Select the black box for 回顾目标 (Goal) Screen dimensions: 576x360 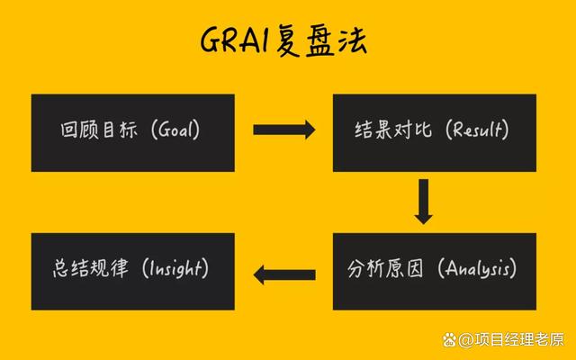[x=132, y=132]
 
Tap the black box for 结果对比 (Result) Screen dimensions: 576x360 [x=434, y=132]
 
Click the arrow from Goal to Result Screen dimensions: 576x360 [x=283, y=130]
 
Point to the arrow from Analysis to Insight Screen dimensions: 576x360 [x=283, y=273]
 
